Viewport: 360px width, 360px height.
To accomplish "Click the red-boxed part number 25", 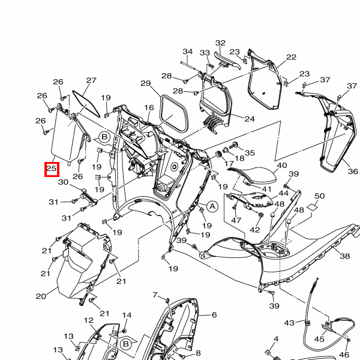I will tap(52, 169).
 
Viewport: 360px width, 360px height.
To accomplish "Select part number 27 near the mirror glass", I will tap(91, 80).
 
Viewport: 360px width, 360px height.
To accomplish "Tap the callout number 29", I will tap(146, 83).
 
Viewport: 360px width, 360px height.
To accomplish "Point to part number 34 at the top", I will tap(187, 52).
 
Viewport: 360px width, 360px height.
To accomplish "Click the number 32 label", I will tap(221, 43).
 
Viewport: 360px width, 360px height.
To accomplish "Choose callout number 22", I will tap(291, 58).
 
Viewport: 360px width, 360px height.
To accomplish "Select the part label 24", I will tap(250, 119).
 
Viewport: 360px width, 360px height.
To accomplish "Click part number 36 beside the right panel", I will tap(352, 172).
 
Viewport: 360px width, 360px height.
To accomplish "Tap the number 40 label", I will tap(282, 166).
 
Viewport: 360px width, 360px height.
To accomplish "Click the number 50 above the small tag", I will tap(319, 196).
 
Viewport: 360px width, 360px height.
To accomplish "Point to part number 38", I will tap(344, 256).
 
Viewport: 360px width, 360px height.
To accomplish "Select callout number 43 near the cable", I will tap(289, 323).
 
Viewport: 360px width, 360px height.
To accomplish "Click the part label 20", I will tap(41, 296).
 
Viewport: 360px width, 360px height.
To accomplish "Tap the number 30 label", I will tap(63, 182).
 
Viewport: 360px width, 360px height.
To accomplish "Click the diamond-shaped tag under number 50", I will tap(313, 207).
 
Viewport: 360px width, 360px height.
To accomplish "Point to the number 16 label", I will tap(149, 107).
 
